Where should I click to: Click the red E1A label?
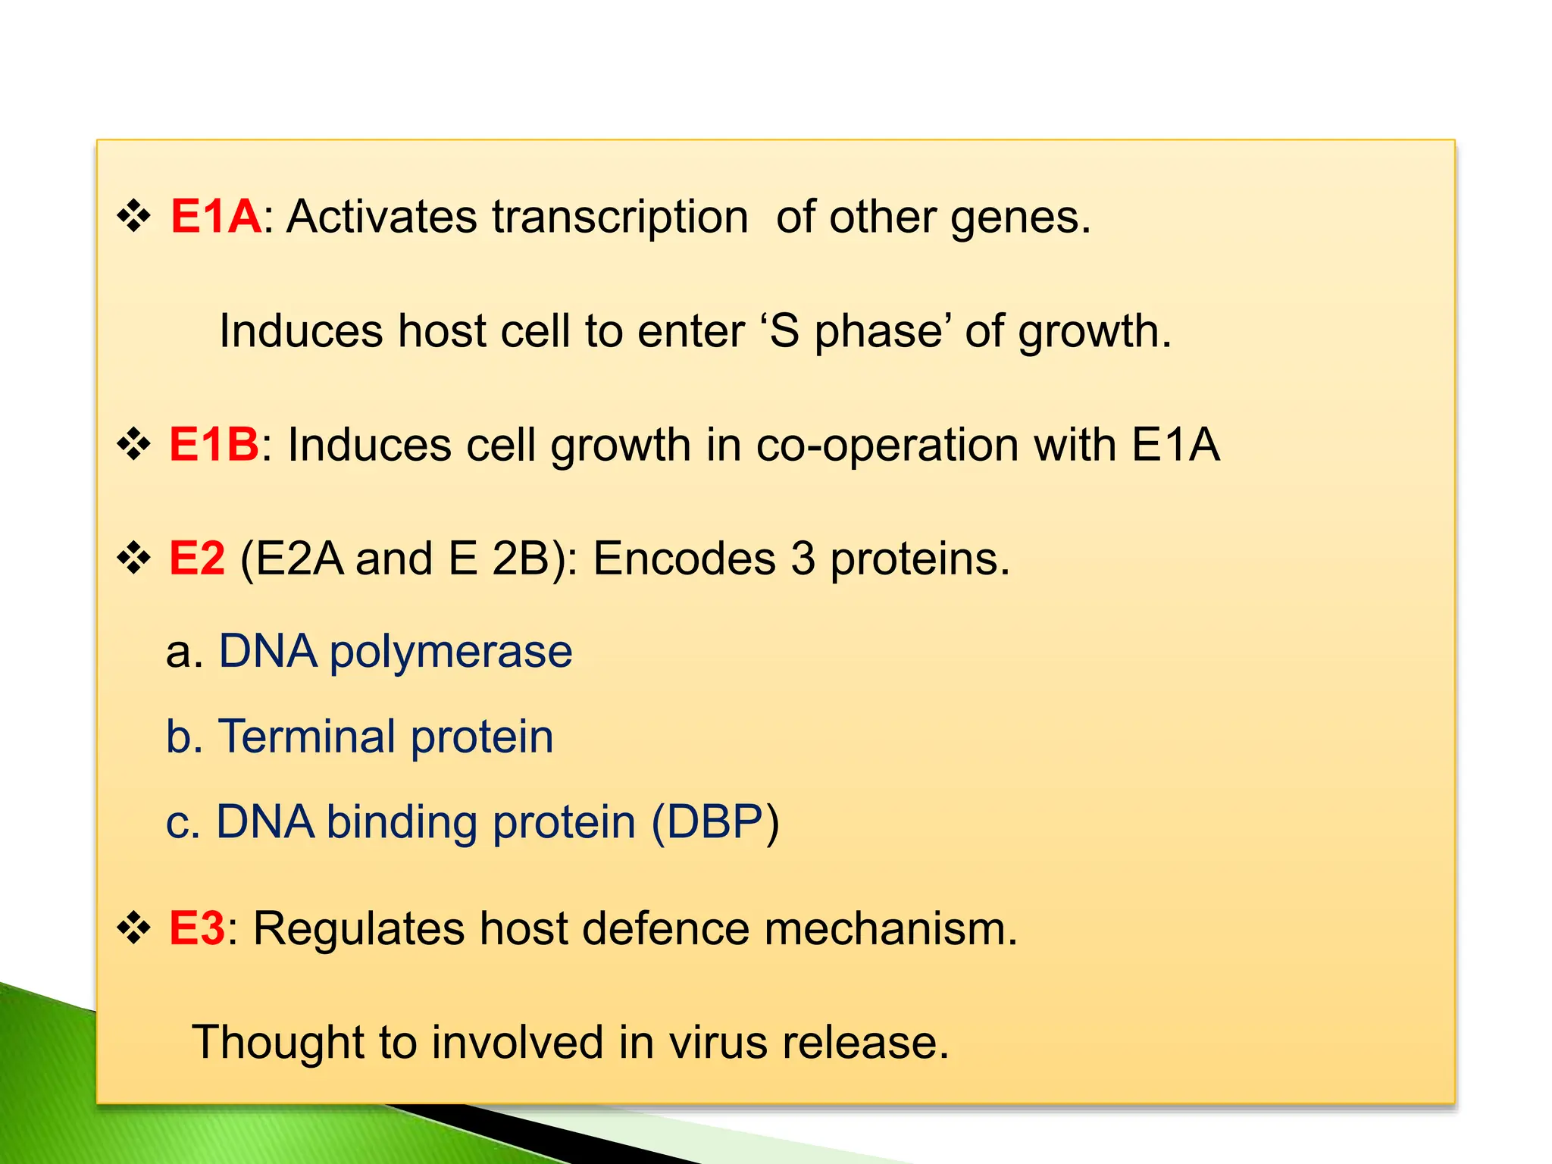pos(216,217)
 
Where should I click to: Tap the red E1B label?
pos(214,445)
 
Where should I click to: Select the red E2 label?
pos(197,559)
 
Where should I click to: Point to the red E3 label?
pos(196,928)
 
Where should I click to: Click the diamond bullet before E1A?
pos(134,217)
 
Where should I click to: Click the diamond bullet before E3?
pos(134,928)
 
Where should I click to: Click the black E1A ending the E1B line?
pos(1175,445)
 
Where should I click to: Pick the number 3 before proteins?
pos(803,559)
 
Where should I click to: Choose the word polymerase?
pos(451,653)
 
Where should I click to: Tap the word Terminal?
pos(306,737)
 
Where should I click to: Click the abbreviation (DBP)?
pos(715,823)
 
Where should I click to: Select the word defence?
pos(666,928)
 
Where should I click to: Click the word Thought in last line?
pos(278,1043)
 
